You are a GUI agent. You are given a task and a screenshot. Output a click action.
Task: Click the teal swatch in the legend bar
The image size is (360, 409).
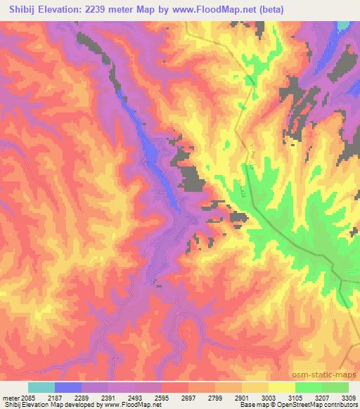41,387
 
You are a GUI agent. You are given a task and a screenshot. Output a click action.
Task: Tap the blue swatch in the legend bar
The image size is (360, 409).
68,387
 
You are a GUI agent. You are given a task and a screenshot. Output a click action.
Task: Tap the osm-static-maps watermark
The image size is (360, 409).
324,372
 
